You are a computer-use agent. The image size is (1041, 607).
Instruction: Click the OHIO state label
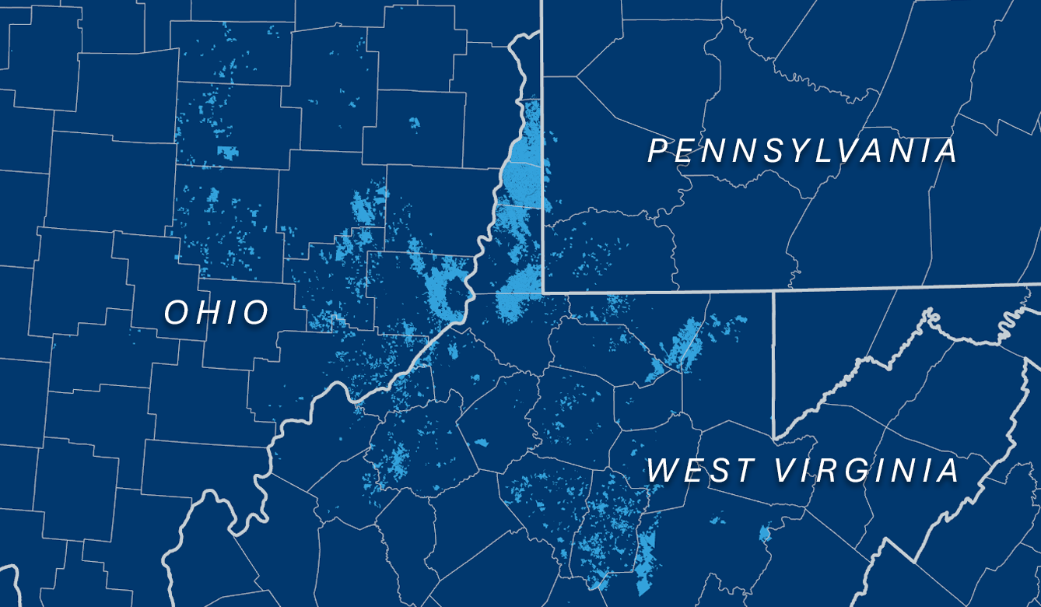(x=217, y=313)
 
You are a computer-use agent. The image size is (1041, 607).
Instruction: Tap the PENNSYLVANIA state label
(x=802, y=151)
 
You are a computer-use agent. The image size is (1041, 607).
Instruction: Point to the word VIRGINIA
(x=867, y=471)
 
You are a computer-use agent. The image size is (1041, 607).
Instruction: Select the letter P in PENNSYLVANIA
(x=658, y=151)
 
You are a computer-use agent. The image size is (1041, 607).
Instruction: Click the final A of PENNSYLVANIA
(x=947, y=151)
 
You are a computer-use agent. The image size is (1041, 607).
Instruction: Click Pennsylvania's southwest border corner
(x=543, y=293)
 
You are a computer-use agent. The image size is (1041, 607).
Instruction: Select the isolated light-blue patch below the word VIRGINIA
(x=764, y=534)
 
